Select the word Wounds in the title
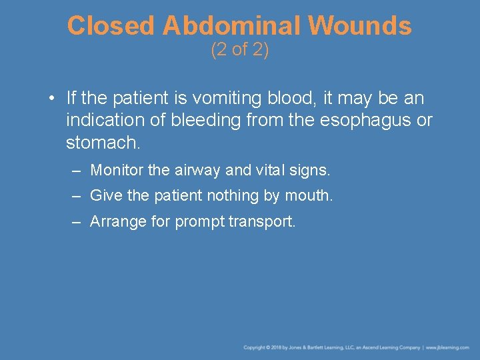click(x=360, y=26)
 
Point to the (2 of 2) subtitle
click(x=239, y=50)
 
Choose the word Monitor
click(x=117, y=170)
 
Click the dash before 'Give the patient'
click(x=77, y=196)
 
